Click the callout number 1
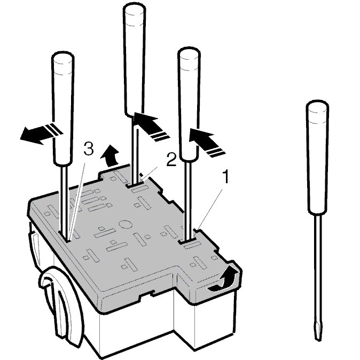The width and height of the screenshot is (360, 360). [226, 177]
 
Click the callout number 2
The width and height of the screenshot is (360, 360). [171, 160]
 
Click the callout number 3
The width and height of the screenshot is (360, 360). [88, 148]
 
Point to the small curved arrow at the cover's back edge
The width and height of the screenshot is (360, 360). [110, 155]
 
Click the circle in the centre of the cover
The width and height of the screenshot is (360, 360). [125, 224]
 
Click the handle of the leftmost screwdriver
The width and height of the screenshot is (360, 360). [63, 108]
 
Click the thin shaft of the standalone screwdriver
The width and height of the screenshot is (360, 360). [317, 269]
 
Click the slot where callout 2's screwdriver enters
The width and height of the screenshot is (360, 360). [134, 183]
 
